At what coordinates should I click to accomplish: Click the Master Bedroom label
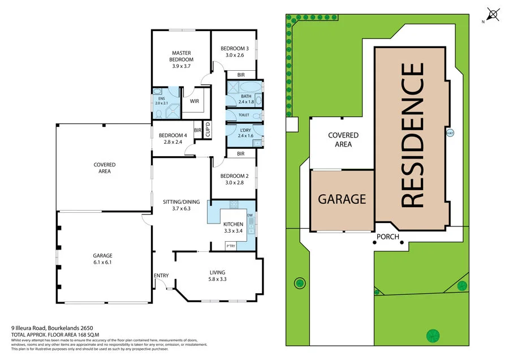point(182,59)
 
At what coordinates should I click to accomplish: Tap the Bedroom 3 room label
point(234,52)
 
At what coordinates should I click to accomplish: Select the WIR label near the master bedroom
point(194,102)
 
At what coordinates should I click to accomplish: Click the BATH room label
point(245,100)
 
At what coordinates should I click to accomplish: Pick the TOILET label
point(244,114)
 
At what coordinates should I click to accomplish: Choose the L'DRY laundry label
point(245,132)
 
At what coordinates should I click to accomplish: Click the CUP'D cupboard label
point(208,130)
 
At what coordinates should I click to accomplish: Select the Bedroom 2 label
point(234,179)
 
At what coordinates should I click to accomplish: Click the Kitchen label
point(233,228)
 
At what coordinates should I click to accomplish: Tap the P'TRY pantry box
point(231,246)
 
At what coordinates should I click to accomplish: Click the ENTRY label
point(161,276)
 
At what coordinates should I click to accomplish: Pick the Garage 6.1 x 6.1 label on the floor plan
point(102,259)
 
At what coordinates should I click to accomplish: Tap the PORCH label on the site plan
point(388,237)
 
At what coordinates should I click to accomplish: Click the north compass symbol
point(493,14)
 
